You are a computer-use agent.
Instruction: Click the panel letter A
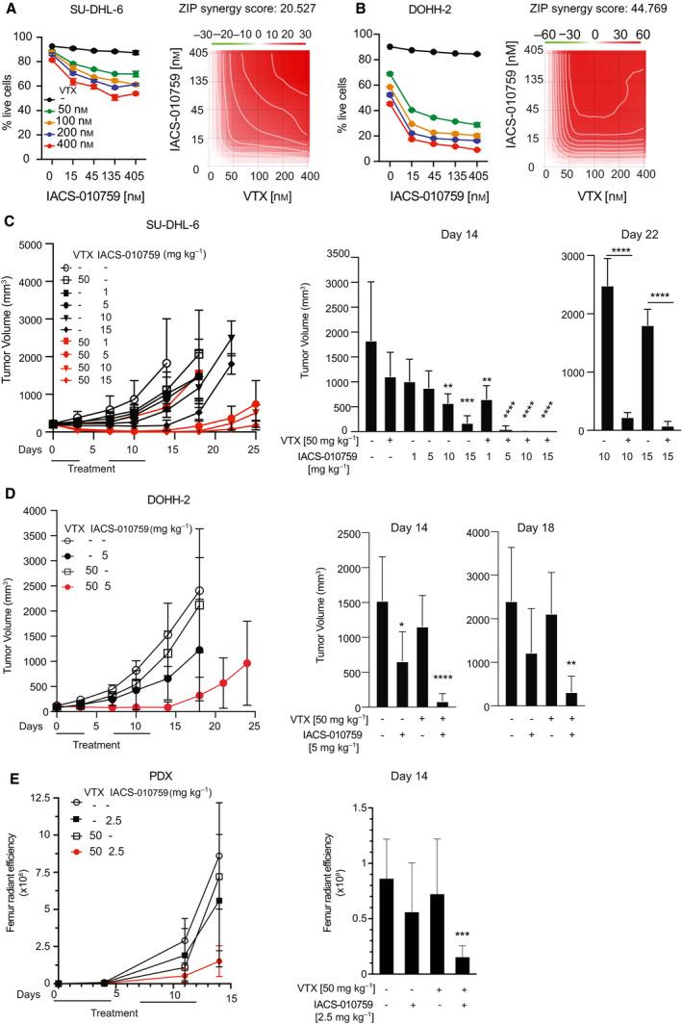(x=7, y=9)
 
